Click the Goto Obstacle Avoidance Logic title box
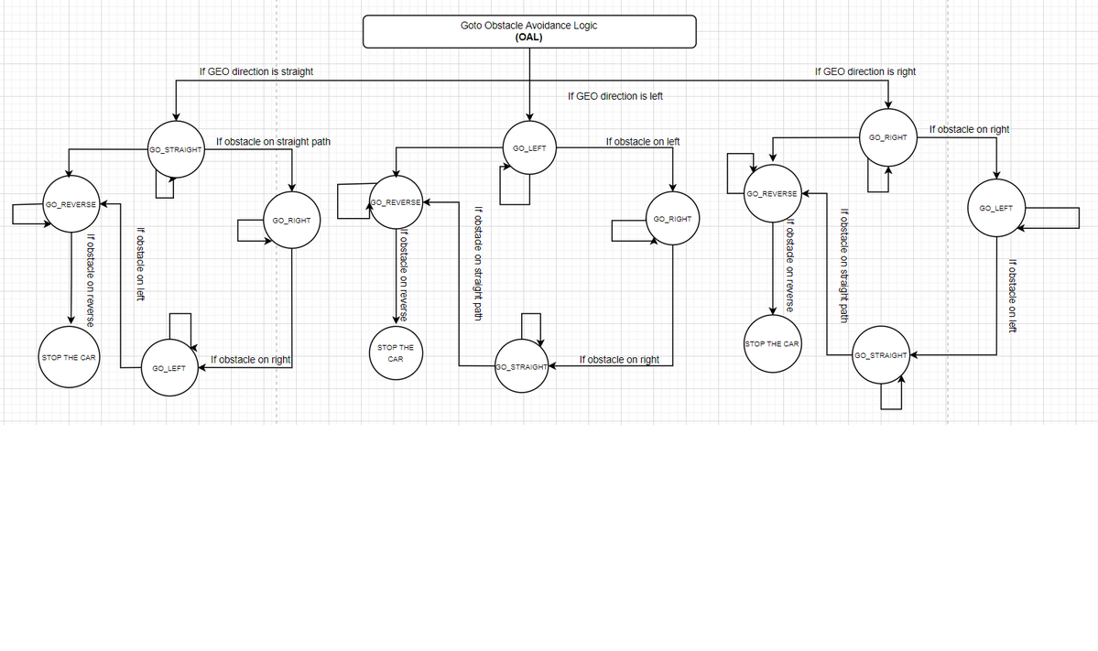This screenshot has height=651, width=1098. pos(529,31)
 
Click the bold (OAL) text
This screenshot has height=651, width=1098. pos(528,38)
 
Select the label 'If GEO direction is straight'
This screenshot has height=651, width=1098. pos(256,71)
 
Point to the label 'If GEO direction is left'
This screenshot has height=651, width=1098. pos(614,96)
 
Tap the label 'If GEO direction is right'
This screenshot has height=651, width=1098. pos(864,71)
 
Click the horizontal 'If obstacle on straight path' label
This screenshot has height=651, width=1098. pos(273,141)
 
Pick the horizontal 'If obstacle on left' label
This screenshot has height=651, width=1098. pos(642,141)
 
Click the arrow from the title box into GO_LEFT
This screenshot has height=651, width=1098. pos(529,85)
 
